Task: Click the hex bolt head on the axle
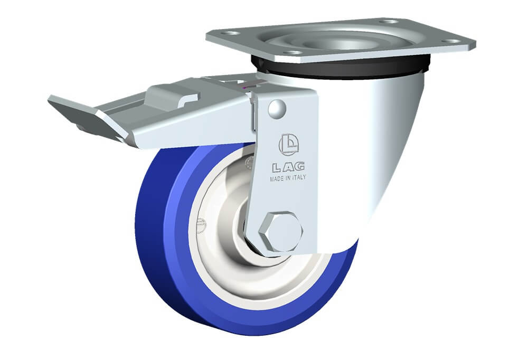(281, 232)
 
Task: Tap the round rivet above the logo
(277, 109)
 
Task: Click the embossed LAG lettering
(288, 167)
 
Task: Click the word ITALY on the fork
(299, 177)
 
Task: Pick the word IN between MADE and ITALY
(288, 178)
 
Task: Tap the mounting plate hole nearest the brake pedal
(231, 34)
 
